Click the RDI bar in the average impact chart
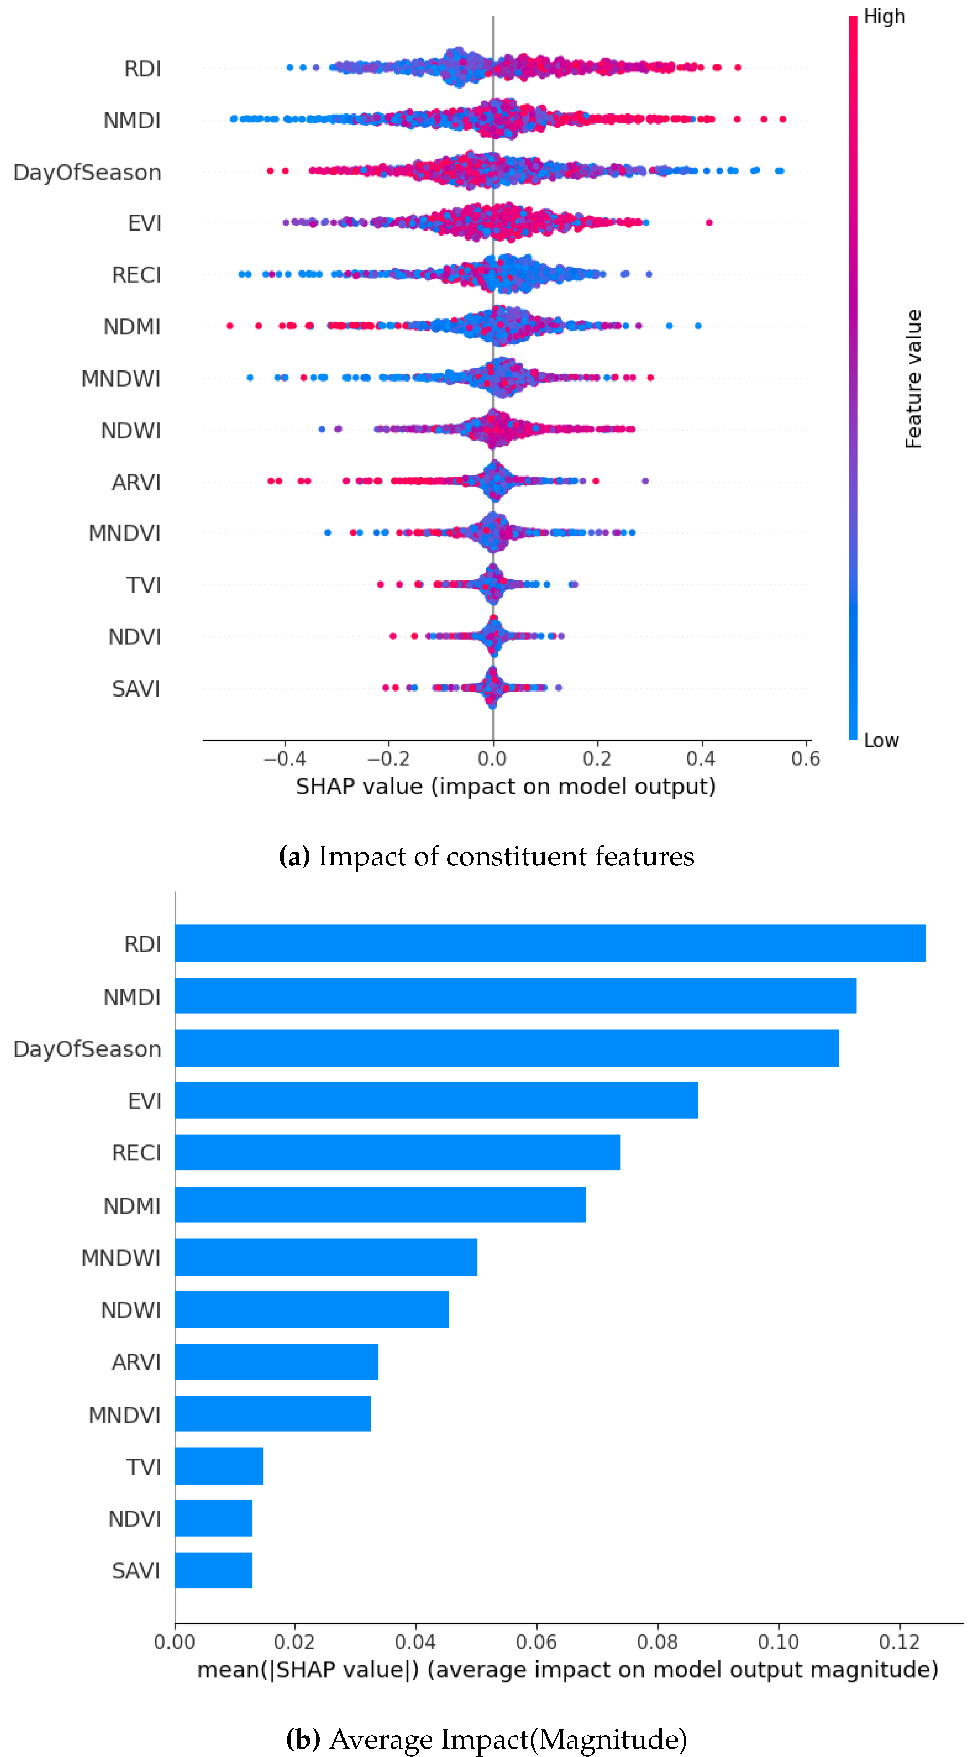549,943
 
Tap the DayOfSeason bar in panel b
507,1048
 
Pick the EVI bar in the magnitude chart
437,1100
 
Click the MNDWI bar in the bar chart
326,1257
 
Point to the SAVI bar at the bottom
213,1571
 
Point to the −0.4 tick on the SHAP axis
285,759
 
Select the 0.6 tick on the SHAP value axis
805,759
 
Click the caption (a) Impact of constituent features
486,857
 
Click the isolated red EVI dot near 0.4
709,222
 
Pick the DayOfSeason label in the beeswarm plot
87,172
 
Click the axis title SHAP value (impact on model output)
505,787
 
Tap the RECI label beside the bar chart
136,1153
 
